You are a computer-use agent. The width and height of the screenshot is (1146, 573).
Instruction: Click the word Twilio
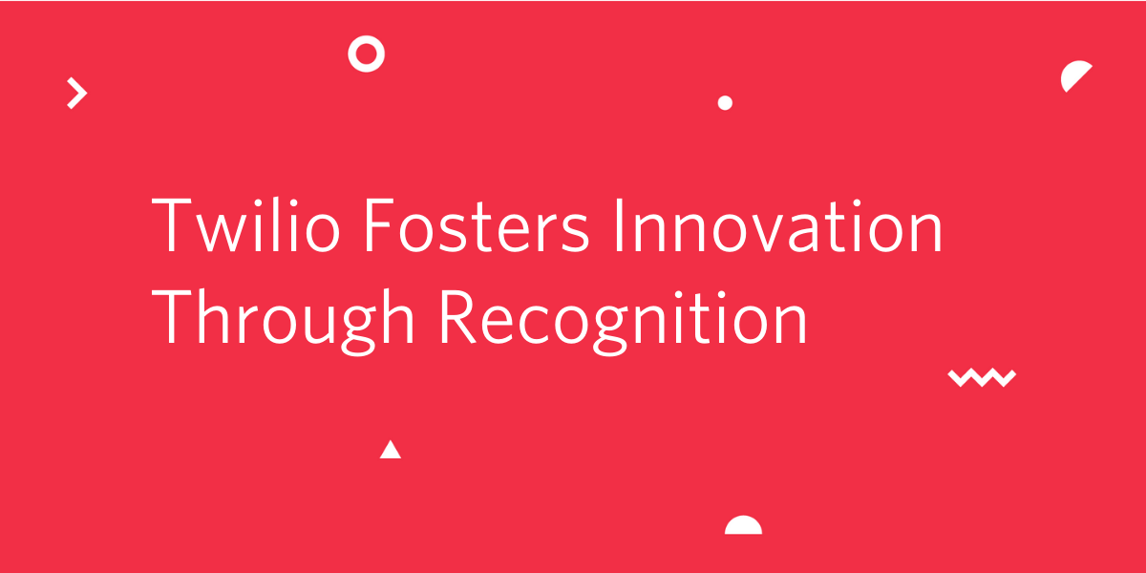click(x=245, y=225)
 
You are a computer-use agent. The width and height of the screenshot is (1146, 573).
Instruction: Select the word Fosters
click(x=477, y=225)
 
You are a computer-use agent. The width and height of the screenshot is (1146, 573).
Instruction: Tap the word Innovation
click(x=778, y=225)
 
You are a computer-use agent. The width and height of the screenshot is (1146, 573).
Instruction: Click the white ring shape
click(x=367, y=37)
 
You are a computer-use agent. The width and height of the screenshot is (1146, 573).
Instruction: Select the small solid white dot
click(x=725, y=103)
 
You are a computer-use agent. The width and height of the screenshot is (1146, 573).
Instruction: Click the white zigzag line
click(x=982, y=377)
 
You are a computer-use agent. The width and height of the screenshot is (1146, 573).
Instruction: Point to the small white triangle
click(x=391, y=450)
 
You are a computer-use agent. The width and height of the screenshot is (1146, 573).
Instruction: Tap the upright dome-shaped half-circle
click(x=743, y=526)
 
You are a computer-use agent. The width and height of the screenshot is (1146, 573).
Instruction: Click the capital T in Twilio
click(x=171, y=225)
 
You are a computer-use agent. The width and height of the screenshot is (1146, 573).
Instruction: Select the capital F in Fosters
click(x=378, y=225)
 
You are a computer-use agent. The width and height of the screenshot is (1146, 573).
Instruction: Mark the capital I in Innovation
click(x=619, y=225)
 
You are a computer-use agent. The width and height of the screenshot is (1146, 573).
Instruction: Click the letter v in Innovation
click(x=770, y=233)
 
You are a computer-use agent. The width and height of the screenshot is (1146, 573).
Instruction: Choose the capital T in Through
click(x=171, y=317)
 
